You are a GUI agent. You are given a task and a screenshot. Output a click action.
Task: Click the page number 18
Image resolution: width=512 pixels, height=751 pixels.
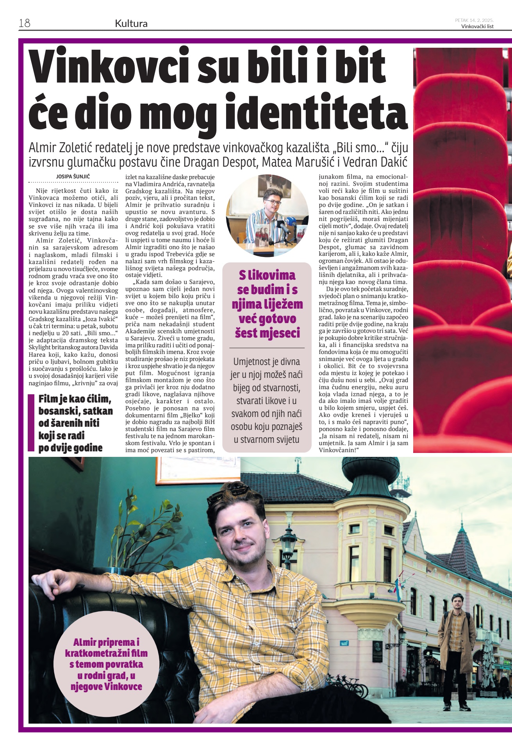[x=25, y=23]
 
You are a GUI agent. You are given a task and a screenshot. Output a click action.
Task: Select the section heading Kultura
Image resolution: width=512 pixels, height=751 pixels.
[x=131, y=23]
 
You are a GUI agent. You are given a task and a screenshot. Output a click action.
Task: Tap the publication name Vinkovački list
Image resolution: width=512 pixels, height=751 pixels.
[x=477, y=27]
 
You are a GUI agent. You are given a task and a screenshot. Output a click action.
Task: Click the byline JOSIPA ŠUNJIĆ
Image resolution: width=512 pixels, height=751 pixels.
[x=73, y=177]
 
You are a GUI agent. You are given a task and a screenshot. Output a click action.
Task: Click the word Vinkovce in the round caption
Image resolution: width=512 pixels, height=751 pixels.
[x=122, y=686]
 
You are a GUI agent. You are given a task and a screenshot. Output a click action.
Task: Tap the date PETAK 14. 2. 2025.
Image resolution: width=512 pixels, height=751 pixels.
[x=474, y=20]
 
